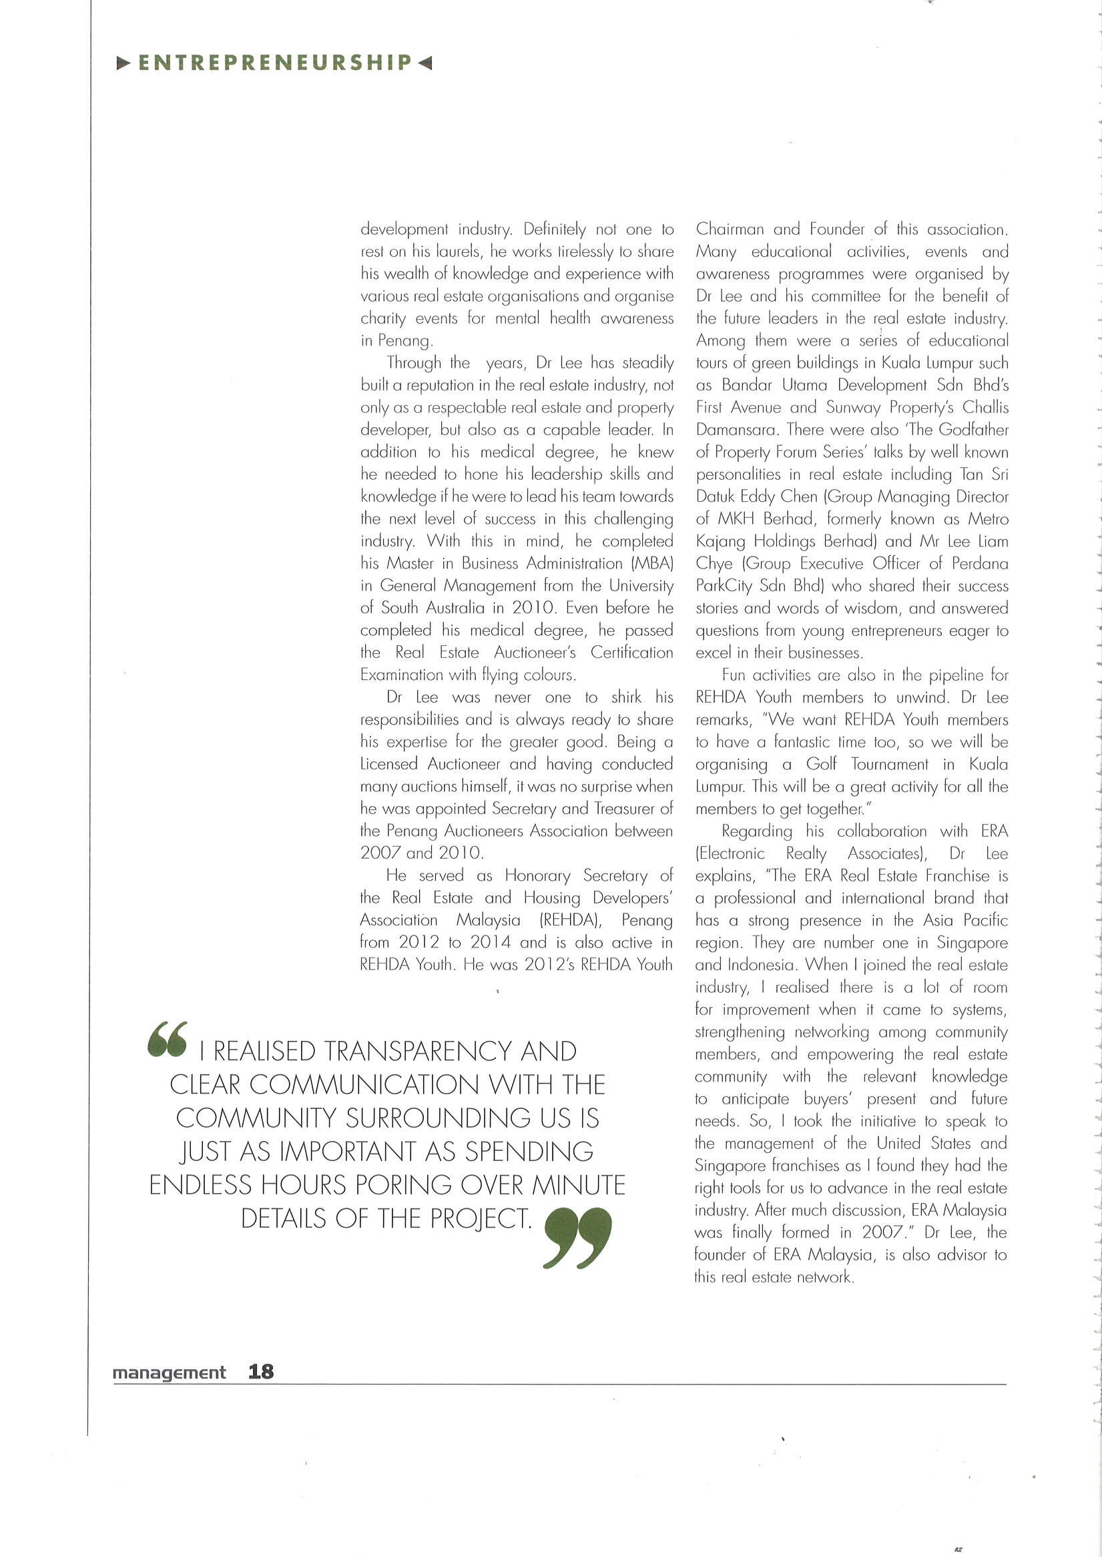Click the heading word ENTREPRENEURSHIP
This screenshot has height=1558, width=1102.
tap(275, 63)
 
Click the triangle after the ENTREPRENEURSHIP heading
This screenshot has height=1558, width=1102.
tap(425, 64)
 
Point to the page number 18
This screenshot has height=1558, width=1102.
tap(261, 1371)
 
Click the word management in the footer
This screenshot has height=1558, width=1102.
tap(169, 1373)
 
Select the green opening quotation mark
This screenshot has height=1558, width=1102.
tap(166, 1039)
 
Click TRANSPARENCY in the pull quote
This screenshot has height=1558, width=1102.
tap(418, 1051)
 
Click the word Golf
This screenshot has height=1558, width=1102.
tap(821, 764)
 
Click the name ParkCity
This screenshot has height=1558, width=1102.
tap(724, 586)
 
